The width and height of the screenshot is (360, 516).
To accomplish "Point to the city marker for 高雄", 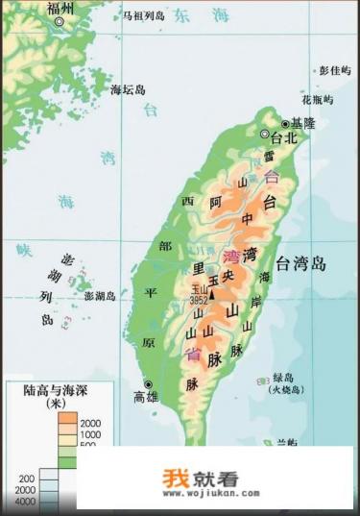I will pyautogui.click(x=148, y=383).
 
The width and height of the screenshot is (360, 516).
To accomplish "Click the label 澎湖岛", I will pyautogui.click(x=99, y=296).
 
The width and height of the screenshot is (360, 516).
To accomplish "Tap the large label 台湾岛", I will pyautogui.click(x=301, y=262).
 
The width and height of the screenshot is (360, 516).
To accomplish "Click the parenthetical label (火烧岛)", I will pyautogui.click(x=288, y=390).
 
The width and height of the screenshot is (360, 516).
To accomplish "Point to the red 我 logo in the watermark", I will pyautogui.click(x=174, y=477).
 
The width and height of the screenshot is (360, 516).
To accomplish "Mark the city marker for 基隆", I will pyautogui.click(x=286, y=124).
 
